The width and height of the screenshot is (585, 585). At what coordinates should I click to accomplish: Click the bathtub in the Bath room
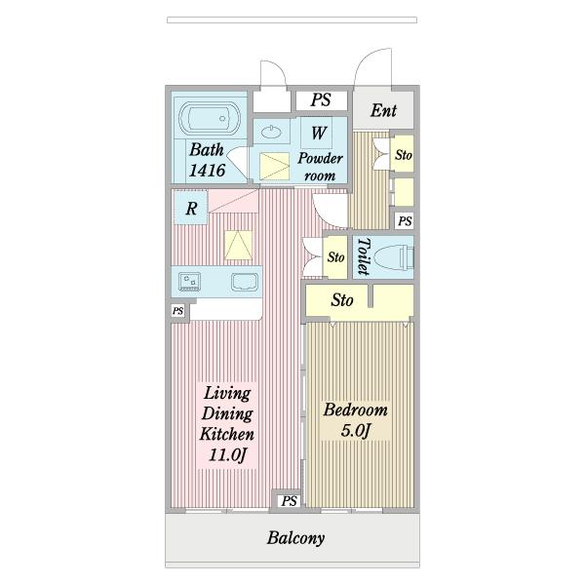click(x=210, y=118)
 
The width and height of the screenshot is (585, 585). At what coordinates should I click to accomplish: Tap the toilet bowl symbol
click(x=393, y=257)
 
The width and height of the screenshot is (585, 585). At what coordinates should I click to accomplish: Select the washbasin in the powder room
click(x=271, y=132)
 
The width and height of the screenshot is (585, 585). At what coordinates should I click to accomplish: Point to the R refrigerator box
click(x=191, y=208)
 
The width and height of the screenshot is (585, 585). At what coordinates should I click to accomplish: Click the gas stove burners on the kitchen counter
click(x=189, y=282)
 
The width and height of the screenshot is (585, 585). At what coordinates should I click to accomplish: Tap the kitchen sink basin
click(x=245, y=282)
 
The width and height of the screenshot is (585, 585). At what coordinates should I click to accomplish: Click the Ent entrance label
click(x=383, y=110)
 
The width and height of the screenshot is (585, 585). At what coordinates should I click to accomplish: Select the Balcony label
click(x=295, y=538)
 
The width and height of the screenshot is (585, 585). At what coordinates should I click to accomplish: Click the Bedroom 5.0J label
click(x=356, y=419)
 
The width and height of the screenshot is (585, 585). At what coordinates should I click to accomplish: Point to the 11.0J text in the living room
click(x=227, y=455)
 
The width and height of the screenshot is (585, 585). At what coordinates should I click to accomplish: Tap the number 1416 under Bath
click(x=207, y=171)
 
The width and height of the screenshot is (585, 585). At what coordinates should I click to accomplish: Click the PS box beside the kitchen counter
click(x=178, y=311)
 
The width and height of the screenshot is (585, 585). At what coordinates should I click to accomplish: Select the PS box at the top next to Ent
click(x=321, y=100)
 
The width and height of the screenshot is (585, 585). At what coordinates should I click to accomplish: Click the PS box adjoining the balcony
click(x=290, y=501)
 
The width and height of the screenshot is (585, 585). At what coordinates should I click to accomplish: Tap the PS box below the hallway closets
click(x=405, y=221)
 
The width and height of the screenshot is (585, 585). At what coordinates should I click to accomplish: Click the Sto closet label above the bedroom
click(x=342, y=300)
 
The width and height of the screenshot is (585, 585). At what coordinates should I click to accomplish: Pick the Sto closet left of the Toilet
click(x=335, y=257)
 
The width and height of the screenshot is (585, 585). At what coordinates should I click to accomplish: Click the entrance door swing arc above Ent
click(x=369, y=62)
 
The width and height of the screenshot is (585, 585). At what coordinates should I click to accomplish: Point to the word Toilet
click(x=364, y=256)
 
